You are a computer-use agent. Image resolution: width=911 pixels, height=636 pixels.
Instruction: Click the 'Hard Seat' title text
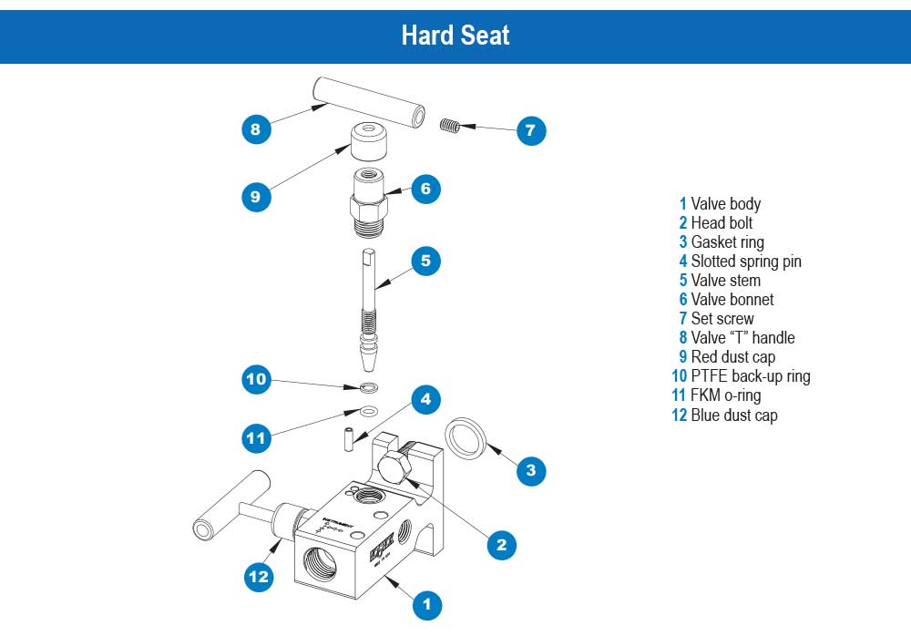(x=455, y=35)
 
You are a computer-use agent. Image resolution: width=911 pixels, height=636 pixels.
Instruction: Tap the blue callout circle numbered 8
(x=256, y=129)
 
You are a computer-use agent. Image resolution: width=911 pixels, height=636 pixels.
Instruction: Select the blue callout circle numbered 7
(x=530, y=130)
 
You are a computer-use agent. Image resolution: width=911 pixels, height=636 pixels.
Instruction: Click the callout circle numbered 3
(x=531, y=470)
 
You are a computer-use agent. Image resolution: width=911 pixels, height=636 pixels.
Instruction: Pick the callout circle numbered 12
(x=259, y=576)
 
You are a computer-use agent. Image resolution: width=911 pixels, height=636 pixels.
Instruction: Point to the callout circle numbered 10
(x=257, y=379)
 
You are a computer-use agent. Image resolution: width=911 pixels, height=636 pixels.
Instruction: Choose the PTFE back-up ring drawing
(x=369, y=389)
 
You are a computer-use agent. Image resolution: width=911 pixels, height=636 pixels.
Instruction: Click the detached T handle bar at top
(x=369, y=100)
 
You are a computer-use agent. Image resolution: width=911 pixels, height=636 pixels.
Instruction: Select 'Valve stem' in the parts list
(x=725, y=280)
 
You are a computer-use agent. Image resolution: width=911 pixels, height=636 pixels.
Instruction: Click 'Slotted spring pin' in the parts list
(x=746, y=261)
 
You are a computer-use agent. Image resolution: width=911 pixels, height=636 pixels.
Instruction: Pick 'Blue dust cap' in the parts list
(x=733, y=415)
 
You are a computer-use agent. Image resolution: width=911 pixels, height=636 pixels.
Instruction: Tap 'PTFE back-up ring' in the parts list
(x=750, y=376)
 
